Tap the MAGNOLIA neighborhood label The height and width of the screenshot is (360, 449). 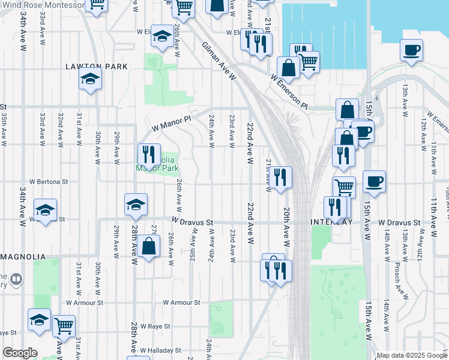click(23, 257)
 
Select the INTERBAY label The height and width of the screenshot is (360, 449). click(331, 222)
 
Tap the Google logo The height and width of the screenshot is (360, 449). click(20, 353)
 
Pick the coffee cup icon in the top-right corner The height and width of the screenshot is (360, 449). click(412, 50)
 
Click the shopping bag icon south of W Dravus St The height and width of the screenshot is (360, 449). click(148, 246)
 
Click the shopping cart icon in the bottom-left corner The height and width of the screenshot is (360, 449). click(64, 326)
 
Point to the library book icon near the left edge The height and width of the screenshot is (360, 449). click(16, 279)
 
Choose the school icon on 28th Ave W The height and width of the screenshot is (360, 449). click(136, 204)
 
